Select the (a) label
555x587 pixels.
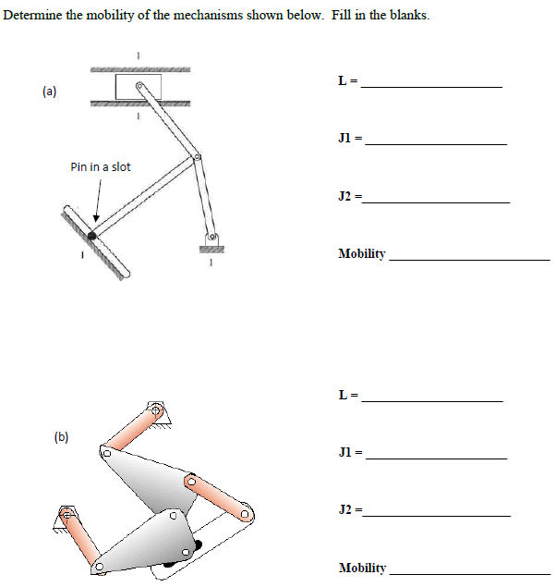(49, 92)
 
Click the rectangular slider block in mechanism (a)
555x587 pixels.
(138, 88)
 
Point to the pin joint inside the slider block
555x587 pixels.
(139, 88)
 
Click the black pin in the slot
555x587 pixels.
(91, 236)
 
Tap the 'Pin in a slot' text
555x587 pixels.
(101, 167)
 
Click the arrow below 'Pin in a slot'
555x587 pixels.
(97, 199)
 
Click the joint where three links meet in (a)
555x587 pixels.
(196, 158)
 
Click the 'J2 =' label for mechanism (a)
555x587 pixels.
(350, 197)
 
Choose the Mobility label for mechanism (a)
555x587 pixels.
(362, 254)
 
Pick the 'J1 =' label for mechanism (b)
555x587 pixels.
(350, 453)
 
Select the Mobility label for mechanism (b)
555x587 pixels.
(362, 568)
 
